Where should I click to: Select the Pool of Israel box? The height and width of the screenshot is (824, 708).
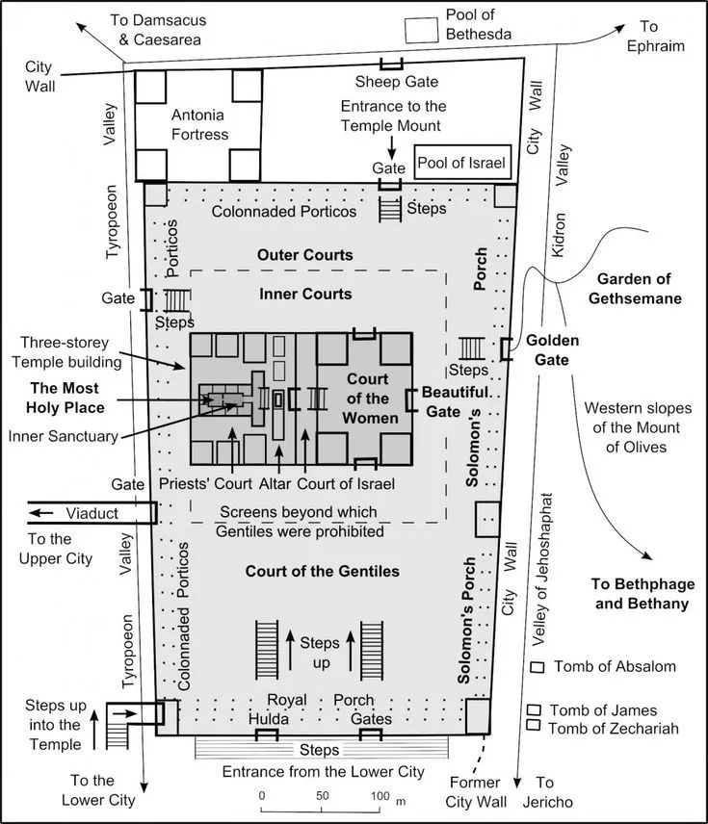pos(460,163)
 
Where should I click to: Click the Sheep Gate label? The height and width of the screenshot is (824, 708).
pos(390,85)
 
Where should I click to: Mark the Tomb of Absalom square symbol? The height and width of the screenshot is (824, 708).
pos(537,667)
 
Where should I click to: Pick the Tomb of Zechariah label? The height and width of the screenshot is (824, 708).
pos(613,729)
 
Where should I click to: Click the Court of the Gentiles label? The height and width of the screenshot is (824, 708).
pos(322,572)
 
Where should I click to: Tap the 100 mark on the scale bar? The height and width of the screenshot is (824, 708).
pos(380,797)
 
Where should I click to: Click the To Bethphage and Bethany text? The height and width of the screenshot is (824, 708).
pos(640,594)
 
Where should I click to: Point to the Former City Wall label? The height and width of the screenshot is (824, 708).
pos(474,791)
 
